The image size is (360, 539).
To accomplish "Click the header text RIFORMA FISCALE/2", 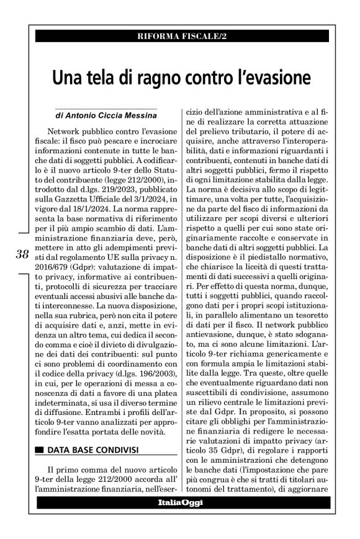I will pyautogui.click(x=181, y=37).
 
